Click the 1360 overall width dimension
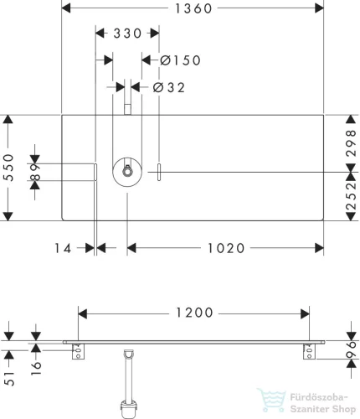193,8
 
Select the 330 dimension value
127,34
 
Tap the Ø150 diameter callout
180,60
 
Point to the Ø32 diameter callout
169,88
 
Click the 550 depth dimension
9,168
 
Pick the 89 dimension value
36,173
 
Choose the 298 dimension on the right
351,142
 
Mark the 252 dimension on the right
351,196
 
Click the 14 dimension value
63,248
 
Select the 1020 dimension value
226,248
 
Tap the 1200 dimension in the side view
194,313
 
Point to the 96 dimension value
351,349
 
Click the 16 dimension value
36,368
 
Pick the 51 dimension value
9,379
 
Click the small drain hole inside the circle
127,171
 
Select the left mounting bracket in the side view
78,351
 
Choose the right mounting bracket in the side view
309,351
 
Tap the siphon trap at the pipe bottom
129,409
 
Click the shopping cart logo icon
271,401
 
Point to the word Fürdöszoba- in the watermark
319,397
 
